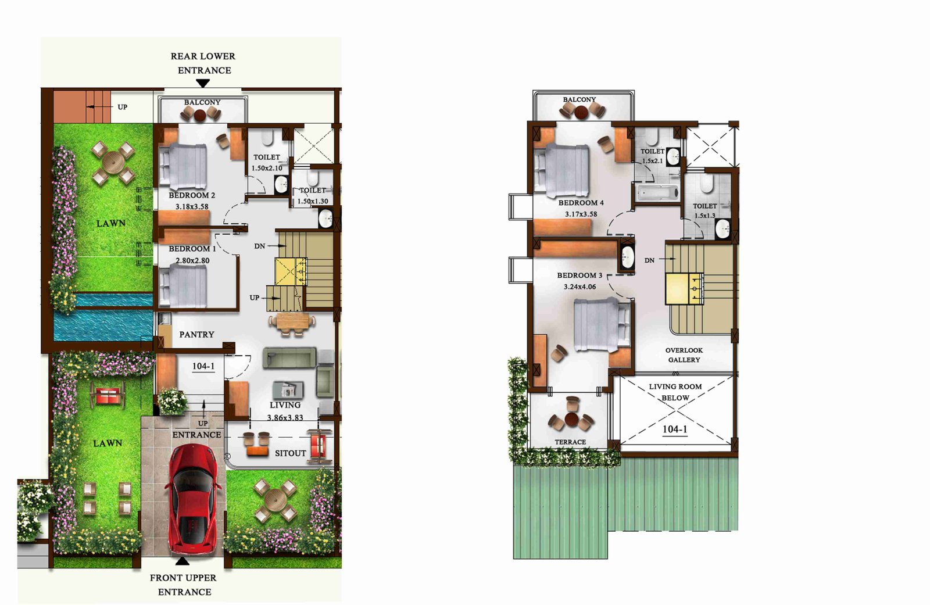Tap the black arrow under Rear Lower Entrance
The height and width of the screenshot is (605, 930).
[203, 84]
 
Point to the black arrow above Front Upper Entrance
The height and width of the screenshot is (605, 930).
[183, 561]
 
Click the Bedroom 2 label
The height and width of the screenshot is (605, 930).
[192, 195]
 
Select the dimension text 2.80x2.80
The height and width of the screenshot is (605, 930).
[192, 261]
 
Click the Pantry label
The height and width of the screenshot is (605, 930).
[197, 334]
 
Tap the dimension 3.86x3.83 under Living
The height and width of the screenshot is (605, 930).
[285, 418]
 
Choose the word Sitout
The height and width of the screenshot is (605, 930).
[290, 453]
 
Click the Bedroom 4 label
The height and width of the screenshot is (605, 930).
[581, 203]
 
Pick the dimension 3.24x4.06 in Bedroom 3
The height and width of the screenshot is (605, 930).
[580, 287]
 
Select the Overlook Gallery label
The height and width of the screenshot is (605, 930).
[684, 355]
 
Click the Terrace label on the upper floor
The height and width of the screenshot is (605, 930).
[570, 442]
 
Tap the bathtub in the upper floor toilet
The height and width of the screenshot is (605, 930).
[657, 192]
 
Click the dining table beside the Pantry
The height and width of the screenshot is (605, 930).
[292, 323]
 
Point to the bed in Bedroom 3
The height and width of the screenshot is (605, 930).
[601, 325]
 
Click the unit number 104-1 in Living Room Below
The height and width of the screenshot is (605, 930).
[675, 429]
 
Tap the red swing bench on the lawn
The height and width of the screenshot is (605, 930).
[108, 396]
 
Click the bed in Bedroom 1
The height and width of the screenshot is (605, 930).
[183, 287]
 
